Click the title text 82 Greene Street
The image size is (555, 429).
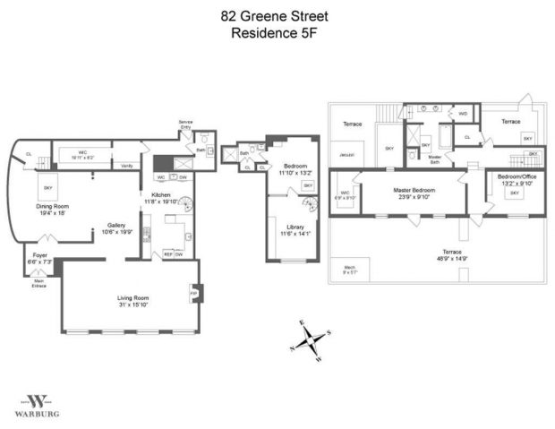pos(277,15)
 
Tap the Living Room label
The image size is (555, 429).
pos(132,297)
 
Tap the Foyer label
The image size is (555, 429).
pos(40,255)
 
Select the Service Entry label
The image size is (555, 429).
pos(185,123)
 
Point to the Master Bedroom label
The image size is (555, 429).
pos(407,190)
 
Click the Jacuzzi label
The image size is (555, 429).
pos(347,155)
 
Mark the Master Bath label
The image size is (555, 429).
pos(435,159)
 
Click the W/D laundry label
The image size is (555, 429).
pos(462,114)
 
